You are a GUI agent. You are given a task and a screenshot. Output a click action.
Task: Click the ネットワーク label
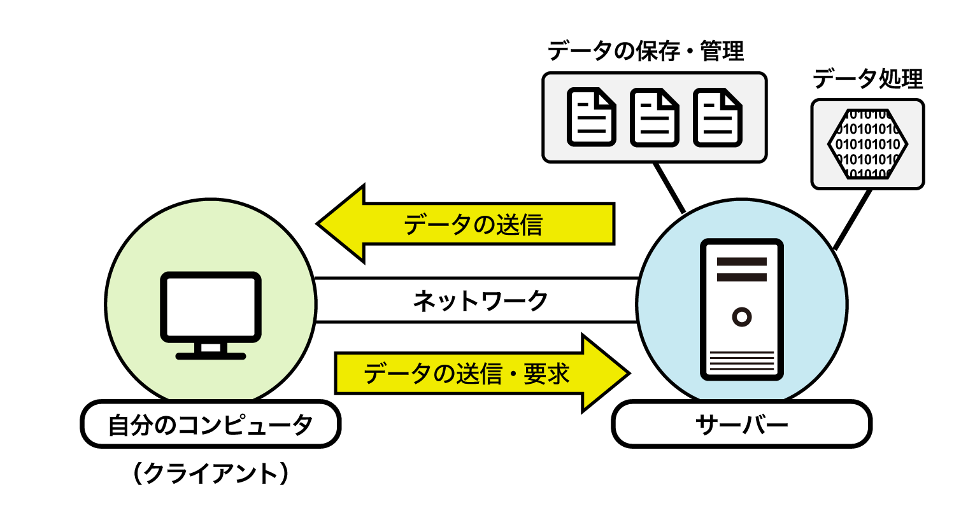coord(480,300)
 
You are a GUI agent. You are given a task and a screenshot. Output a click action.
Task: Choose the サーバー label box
coord(741,424)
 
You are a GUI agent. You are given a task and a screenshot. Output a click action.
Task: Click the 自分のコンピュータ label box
coord(210,424)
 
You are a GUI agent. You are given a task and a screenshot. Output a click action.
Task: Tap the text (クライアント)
coord(211,474)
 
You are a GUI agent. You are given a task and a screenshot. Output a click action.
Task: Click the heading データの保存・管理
coord(646,51)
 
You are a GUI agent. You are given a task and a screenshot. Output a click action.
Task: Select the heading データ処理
coord(867,79)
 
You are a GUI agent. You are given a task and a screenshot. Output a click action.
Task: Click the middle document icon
coord(654,117)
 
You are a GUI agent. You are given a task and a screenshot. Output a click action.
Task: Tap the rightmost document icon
coord(717,117)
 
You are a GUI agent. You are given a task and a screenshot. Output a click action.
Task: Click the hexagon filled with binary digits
coord(867,144)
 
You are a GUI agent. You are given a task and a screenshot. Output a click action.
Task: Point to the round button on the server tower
coord(742,316)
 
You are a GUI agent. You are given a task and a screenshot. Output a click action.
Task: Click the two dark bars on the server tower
coord(742,269)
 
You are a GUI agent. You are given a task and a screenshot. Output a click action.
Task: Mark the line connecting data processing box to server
coord(852,220)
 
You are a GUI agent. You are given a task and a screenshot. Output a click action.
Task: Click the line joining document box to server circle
coord(670,188)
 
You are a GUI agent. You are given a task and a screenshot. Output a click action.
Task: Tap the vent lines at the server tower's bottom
coord(742,361)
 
